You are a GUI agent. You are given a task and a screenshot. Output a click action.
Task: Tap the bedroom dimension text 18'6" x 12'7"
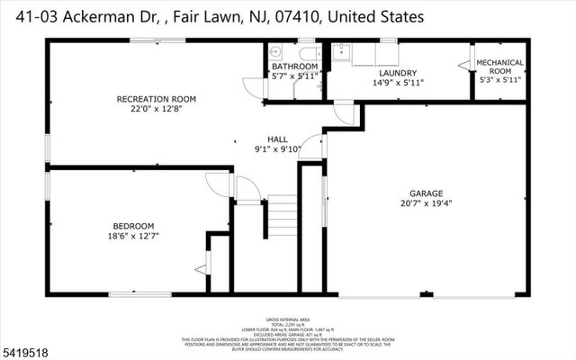(133, 236)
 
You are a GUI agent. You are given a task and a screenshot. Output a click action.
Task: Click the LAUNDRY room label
(396, 72)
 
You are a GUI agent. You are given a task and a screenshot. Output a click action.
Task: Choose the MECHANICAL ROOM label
(499, 67)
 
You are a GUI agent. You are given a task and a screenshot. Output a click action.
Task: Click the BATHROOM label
(294, 67)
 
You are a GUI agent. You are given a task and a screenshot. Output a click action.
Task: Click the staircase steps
(283, 216)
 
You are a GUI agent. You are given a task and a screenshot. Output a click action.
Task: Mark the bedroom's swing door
(219, 185)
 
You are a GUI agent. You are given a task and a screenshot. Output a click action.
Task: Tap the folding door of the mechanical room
(464, 64)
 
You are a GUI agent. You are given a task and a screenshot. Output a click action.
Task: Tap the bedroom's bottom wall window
(139, 293)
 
